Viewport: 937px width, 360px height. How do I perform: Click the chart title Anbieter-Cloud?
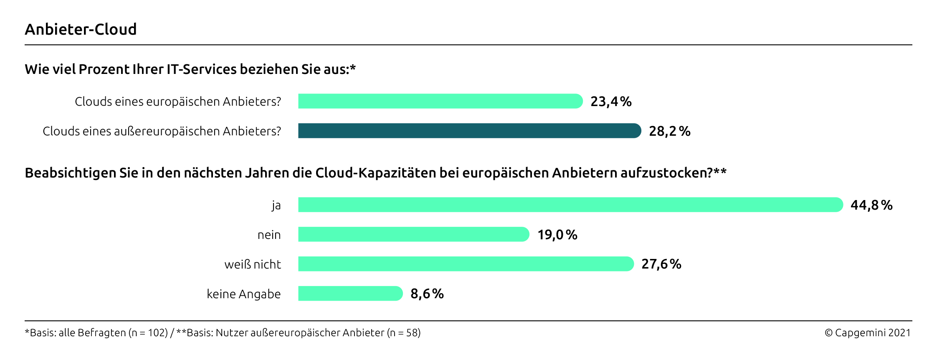coord(81,29)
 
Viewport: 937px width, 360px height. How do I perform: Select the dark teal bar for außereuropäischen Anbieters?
coord(469,131)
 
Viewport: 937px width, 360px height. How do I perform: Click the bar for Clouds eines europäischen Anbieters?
coord(440,101)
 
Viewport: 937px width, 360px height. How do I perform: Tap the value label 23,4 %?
coord(610,101)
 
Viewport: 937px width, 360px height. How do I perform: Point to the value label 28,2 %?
coord(669,131)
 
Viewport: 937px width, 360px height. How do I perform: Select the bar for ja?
coord(570,205)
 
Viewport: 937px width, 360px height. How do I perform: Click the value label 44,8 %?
coord(871,205)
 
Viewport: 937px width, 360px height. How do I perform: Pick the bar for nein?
coord(413,234)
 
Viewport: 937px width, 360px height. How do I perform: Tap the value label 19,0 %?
coord(557,235)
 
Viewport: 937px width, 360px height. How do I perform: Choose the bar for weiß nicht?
coord(466,264)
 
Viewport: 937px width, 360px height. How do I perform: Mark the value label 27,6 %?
coord(661,264)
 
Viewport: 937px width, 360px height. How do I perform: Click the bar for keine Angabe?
coord(350,293)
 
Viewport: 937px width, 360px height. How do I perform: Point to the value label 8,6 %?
coord(427,294)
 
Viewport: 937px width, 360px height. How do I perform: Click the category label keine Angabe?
coord(243,294)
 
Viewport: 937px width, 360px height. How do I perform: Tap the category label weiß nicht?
coord(252,264)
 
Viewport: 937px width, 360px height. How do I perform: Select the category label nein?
coord(269,235)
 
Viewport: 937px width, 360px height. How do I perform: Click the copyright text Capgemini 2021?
coord(867,333)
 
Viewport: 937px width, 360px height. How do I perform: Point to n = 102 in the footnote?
coord(148,333)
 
